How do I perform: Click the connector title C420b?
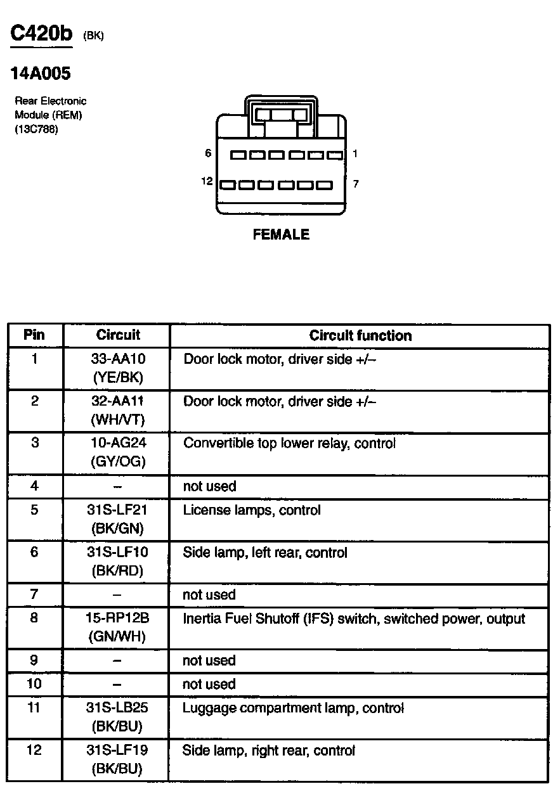[42, 34]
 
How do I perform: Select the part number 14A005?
[41, 74]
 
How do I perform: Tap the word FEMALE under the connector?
[281, 235]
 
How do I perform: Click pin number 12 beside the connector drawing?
[207, 182]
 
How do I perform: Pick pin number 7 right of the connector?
[356, 184]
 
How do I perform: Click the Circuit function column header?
[360, 335]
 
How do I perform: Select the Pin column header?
[34, 335]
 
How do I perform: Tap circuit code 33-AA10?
[118, 359]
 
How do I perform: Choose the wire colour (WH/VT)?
[118, 420]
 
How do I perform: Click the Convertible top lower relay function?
[289, 444]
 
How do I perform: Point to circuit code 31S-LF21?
[118, 510]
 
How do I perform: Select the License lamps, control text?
[252, 510]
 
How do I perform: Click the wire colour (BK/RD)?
[118, 570]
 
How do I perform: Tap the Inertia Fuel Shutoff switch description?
[354, 619]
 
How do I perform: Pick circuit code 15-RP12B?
[118, 618]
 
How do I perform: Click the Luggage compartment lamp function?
[293, 708]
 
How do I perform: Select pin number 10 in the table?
[34, 685]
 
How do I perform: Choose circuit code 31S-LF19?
[118, 750]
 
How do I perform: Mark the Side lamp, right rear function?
[268, 751]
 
